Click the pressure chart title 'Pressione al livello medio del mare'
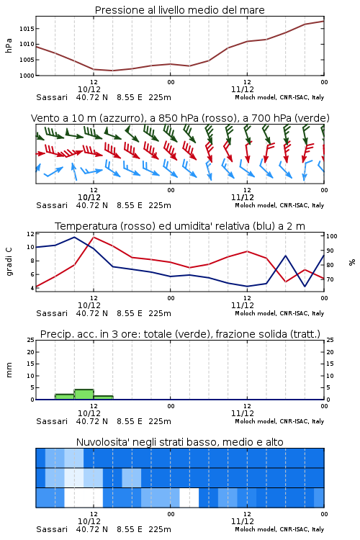(179, 10)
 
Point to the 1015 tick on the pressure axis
(27, 29)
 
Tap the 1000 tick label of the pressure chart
(27, 76)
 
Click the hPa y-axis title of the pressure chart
(9, 45)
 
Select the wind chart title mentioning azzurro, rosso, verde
(180, 118)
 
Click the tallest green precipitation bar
(84, 395)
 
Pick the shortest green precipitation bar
(104, 397)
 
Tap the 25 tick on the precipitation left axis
(31, 340)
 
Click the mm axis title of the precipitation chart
(9, 370)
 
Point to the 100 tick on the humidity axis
(332, 236)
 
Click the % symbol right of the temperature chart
(352, 262)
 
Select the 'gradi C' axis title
(9, 261)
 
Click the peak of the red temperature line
(94, 237)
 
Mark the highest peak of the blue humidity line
(74, 237)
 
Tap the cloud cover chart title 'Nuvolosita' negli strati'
(179, 442)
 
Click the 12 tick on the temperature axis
(31, 234)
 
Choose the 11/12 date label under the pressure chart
(243, 89)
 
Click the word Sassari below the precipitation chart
(52, 421)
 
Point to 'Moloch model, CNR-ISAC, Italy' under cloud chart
(279, 529)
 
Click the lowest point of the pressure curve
(112, 71)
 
